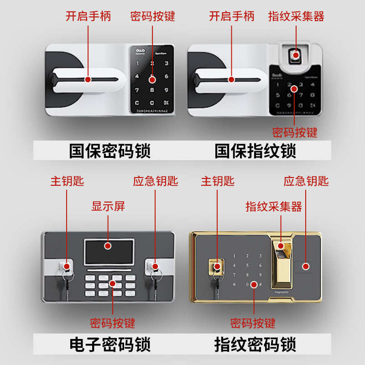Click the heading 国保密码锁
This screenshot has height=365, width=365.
[109, 151]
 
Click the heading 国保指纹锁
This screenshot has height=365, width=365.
[255, 151]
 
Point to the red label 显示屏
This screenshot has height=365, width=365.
[108, 206]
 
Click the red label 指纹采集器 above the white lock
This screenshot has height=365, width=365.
[296, 17]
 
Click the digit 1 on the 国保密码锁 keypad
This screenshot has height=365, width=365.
[138, 63]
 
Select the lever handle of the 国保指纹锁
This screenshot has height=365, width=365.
[230, 80]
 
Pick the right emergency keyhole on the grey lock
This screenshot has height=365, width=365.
[154, 266]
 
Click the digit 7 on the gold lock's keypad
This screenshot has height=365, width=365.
[235, 275]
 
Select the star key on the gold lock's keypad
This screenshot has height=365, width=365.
[235, 284]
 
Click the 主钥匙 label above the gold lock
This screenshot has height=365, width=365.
[218, 181]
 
